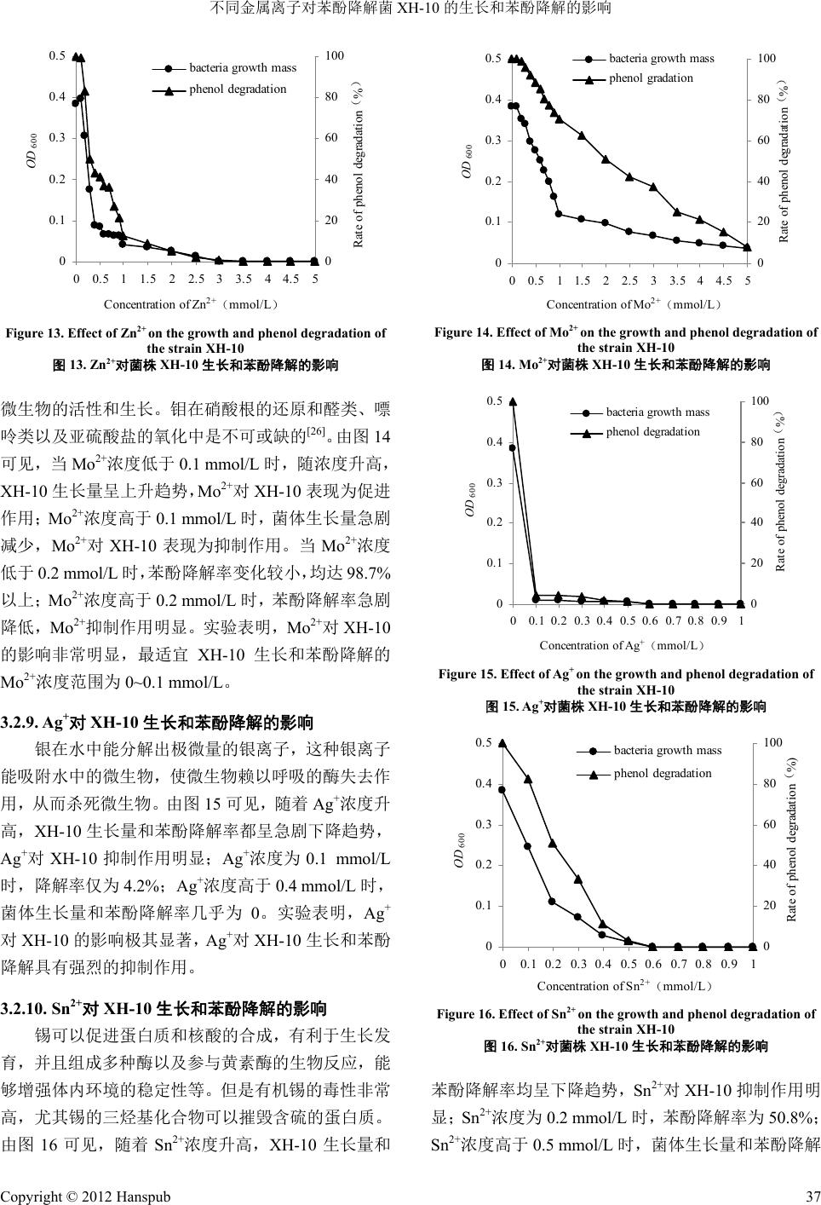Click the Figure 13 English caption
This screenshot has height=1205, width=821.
coord(195,340)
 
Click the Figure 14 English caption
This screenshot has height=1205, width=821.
coord(626,340)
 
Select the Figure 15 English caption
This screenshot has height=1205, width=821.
coord(626,682)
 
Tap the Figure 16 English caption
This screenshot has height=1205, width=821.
coord(626,1021)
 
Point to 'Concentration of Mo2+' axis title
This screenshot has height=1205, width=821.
coord(634,304)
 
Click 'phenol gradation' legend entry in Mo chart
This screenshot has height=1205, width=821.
coord(651,78)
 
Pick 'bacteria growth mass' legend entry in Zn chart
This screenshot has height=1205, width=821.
coord(242,67)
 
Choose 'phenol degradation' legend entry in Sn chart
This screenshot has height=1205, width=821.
coord(662,774)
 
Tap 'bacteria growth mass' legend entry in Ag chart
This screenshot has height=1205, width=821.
coord(657,412)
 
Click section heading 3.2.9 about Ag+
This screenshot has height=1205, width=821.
coord(159,724)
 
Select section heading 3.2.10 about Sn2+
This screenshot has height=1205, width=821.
coord(165,1010)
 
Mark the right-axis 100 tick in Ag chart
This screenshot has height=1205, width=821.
coord(761,401)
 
